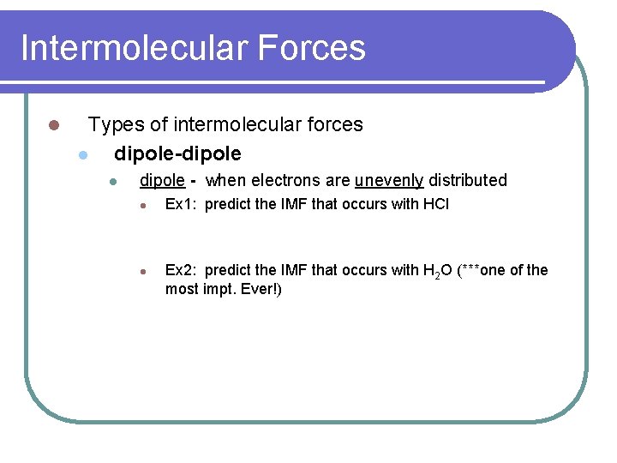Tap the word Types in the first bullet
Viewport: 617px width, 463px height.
116,125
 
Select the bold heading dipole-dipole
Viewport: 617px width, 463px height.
177,154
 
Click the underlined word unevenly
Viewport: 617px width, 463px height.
389,181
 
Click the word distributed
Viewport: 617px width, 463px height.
468,181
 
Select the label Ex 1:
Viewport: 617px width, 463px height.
183,205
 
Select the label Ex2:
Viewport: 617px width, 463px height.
182,271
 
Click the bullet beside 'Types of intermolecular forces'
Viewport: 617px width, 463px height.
53,126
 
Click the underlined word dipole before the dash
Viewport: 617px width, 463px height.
162,181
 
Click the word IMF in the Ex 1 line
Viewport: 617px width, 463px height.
294,205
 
